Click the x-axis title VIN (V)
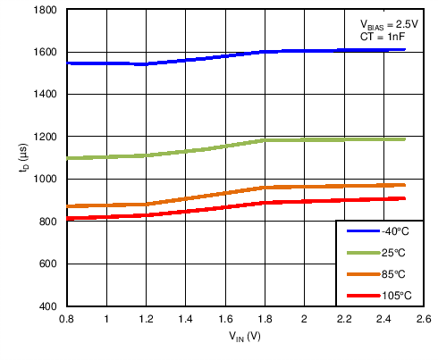[x=244, y=338]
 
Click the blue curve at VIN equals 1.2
[x=146, y=64]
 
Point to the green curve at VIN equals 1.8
[x=265, y=140]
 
